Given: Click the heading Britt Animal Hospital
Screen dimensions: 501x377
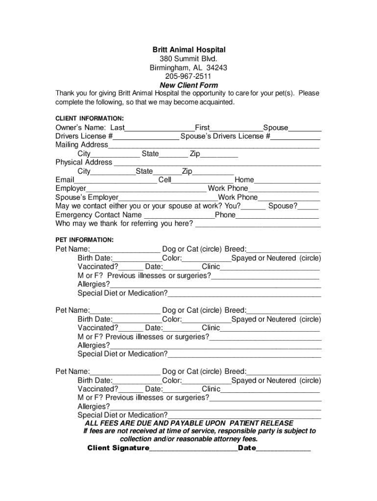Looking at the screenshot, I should (x=188, y=50).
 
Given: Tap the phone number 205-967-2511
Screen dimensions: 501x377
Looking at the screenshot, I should (x=188, y=76).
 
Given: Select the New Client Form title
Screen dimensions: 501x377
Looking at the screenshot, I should (x=188, y=85).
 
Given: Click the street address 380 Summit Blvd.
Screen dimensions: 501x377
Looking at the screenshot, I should (x=188, y=59).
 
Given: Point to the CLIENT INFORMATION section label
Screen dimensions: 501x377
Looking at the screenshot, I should (x=89, y=118).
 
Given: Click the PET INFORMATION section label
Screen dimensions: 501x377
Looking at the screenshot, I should (x=84, y=240).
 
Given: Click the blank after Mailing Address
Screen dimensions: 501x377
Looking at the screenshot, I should (x=213, y=145).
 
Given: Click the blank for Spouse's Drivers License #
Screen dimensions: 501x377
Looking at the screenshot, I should (x=296, y=137).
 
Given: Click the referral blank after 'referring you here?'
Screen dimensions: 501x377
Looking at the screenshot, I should (x=258, y=225).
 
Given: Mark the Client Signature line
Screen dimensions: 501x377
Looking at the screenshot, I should (x=193, y=449).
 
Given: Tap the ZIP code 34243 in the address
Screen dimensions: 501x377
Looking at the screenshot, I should (x=217, y=68).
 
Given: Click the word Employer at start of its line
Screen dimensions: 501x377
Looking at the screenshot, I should (x=71, y=189).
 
